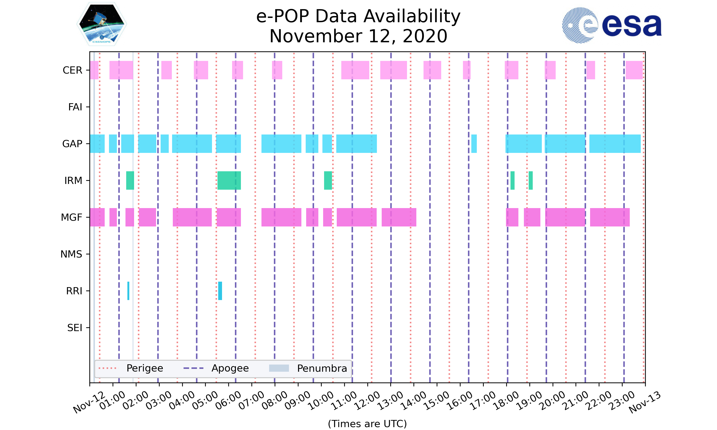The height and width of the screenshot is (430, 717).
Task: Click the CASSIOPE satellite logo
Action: tap(101, 24)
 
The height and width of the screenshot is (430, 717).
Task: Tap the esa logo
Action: tap(612, 25)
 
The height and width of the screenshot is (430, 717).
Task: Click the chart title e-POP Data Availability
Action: tap(358, 16)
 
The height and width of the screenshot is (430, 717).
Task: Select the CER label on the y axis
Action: tap(72, 70)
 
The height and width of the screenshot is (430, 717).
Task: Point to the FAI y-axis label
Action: tap(75, 107)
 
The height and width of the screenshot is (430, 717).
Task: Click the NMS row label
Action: tap(71, 254)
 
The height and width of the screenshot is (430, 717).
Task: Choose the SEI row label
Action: tap(75, 328)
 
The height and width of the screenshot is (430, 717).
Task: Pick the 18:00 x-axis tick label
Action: tap(506, 401)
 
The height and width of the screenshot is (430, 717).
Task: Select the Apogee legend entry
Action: tap(217, 368)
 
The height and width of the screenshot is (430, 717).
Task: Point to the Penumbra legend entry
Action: tap(308, 368)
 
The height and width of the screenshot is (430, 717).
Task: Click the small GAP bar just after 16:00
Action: tap(474, 144)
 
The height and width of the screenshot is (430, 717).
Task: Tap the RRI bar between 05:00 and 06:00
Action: tap(220, 291)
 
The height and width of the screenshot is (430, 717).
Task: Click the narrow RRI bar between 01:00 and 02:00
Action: tap(128, 291)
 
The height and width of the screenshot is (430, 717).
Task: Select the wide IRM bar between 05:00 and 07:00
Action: tap(229, 181)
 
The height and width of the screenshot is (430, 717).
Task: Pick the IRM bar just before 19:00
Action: tap(530, 181)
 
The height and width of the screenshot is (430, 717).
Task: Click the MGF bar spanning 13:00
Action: tap(399, 217)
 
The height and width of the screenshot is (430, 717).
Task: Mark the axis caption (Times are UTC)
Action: tap(367, 424)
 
